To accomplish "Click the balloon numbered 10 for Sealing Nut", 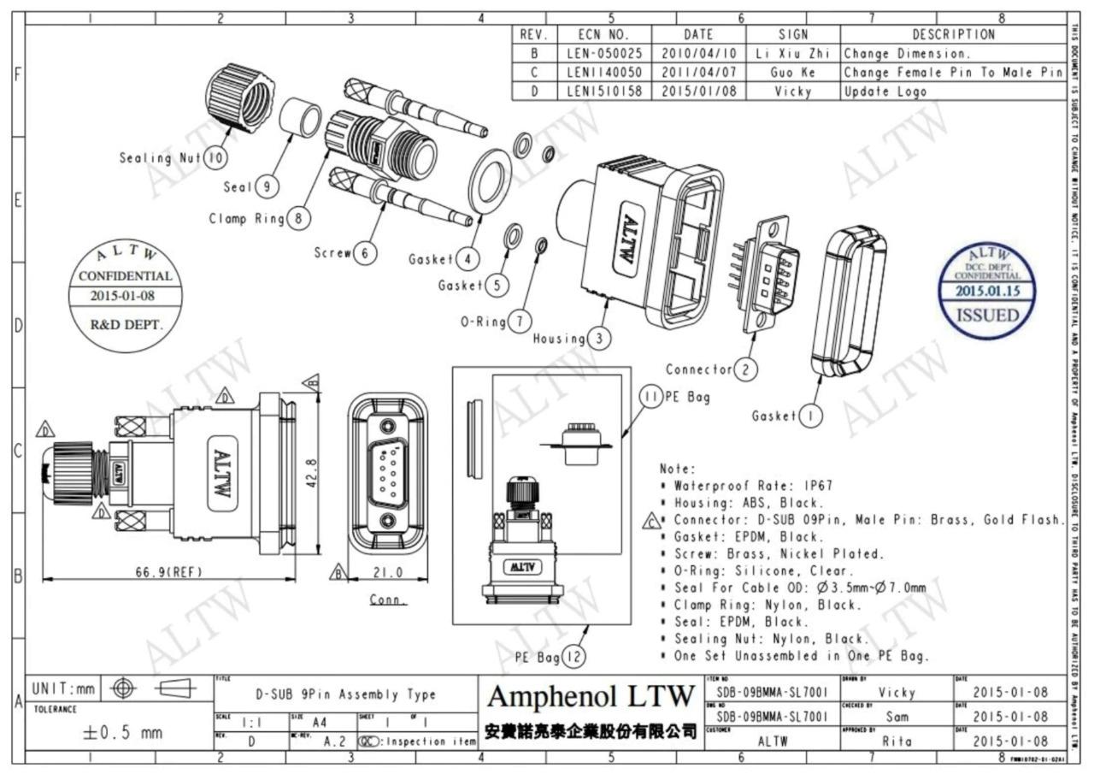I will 215,158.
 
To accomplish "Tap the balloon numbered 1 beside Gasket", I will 809,417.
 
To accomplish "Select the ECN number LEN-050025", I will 598,53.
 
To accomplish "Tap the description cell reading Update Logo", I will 885,91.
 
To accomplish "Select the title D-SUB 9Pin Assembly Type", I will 346,694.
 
